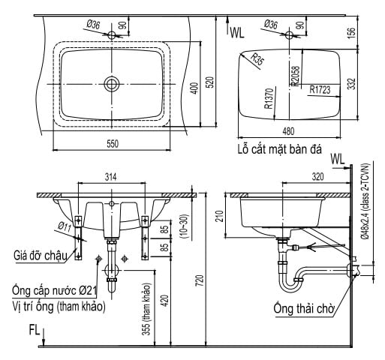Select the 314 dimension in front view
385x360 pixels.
pos(112,178)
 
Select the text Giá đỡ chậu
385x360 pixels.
pos(40,256)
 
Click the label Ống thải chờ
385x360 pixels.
pos(304,307)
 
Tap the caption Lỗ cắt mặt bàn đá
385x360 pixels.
pos(277,150)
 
